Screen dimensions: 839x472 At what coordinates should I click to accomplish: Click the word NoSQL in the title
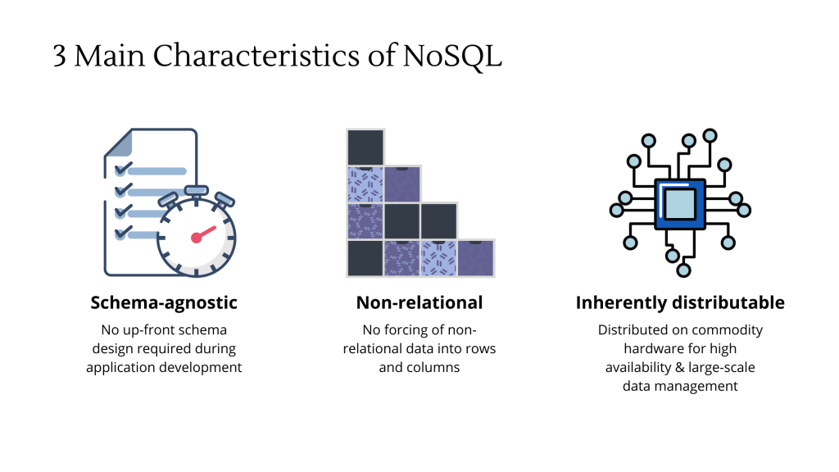(452, 56)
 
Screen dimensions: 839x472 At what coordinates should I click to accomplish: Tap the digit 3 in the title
(59, 57)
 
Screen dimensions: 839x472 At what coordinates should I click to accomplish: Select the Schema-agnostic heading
(164, 303)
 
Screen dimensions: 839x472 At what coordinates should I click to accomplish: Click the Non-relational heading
(419, 303)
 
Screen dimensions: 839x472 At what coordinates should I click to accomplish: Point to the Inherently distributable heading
(680, 303)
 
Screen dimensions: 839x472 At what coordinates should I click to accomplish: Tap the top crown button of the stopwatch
(197, 190)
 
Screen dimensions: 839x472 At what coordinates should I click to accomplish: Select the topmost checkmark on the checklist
(123, 169)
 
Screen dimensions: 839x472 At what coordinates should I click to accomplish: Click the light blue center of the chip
(680, 204)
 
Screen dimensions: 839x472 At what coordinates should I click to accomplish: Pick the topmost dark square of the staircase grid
(365, 147)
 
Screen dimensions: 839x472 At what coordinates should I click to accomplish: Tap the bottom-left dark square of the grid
(365, 258)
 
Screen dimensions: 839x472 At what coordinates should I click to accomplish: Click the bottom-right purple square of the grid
(476, 258)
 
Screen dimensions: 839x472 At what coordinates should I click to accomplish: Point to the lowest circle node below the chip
(683, 270)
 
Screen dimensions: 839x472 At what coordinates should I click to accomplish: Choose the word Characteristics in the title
(256, 56)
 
